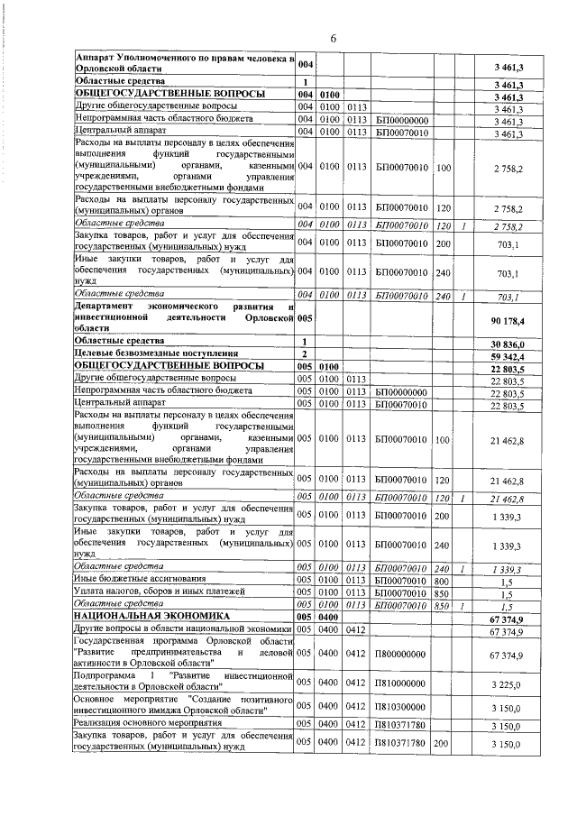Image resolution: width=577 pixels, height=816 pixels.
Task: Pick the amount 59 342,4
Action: click(x=508, y=354)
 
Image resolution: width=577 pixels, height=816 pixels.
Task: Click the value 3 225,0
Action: click(x=508, y=685)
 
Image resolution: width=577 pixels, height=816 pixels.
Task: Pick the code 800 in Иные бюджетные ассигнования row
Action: click(x=443, y=578)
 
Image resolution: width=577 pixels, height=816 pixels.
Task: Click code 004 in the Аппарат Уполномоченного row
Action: click(x=306, y=65)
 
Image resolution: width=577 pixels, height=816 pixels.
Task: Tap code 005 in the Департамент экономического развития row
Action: click(x=306, y=317)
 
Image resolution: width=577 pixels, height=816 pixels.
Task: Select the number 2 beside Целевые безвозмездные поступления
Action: click(x=306, y=354)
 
